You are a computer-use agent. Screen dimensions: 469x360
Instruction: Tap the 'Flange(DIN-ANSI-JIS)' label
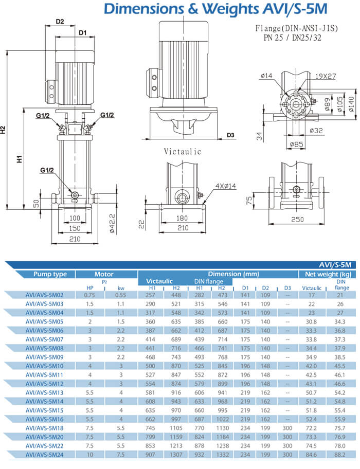click(x=296, y=29)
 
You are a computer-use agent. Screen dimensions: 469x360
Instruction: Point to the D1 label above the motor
click(x=82, y=33)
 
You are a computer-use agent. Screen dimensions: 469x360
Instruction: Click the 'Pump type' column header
click(x=50, y=274)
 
